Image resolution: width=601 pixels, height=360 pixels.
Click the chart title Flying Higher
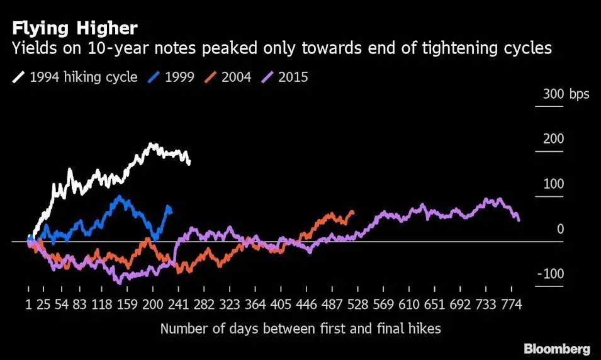tap(74, 28)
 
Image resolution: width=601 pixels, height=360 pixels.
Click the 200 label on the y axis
tap(554, 139)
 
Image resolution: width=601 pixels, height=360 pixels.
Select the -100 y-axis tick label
tap(551, 274)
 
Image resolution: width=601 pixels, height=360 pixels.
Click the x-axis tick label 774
tap(512, 305)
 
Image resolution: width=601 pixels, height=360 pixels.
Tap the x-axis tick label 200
tap(153, 305)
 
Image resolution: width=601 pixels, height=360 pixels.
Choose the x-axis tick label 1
tap(28, 305)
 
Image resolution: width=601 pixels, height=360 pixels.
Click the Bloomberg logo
tap(557, 349)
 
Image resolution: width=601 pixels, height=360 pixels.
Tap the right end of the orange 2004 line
tap(352, 212)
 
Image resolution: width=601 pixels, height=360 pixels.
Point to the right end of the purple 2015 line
tap(519, 220)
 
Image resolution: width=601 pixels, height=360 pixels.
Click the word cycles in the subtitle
tap(527, 48)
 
